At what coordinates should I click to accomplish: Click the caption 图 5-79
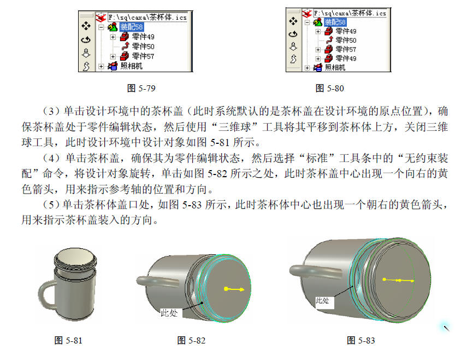(x=141, y=88)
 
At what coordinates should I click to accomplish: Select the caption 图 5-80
(x=329, y=88)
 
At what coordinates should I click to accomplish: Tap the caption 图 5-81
(x=68, y=340)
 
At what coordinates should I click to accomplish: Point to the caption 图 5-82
(x=191, y=340)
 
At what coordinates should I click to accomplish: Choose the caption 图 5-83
(x=361, y=340)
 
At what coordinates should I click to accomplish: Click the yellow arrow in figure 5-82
(x=234, y=289)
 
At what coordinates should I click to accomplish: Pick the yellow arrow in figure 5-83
(x=398, y=281)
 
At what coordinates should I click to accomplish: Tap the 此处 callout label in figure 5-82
(x=169, y=313)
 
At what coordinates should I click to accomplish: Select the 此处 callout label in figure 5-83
(x=322, y=301)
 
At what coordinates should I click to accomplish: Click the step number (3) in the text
(x=51, y=111)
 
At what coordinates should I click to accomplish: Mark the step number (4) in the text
(x=51, y=158)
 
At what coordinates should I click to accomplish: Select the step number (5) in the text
(x=51, y=205)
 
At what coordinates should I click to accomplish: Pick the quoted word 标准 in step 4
(x=317, y=158)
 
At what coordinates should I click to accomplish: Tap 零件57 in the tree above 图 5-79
(x=143, y=56)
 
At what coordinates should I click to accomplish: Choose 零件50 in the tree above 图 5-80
(x=346, y=40)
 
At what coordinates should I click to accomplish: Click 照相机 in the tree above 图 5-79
(x=131, y=66)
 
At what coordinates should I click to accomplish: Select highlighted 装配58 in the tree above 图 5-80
(x=335, y=22)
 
